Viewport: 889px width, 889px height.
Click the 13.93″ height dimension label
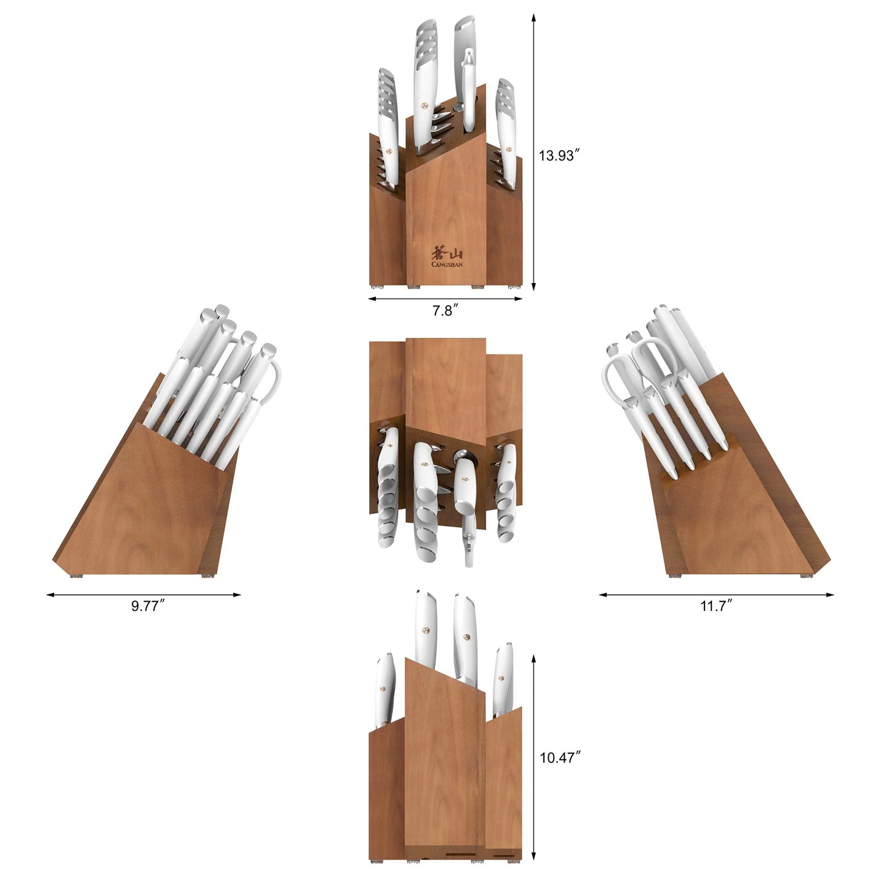[560, 156]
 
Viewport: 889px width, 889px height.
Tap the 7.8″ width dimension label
[443, 311]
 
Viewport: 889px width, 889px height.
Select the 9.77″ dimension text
[148, 607]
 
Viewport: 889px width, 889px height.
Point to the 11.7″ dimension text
[716, 607]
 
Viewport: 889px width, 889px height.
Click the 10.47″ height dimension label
[560, 758]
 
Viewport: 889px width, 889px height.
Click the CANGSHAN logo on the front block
[447, 257]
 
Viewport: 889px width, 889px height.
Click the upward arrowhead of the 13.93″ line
[533, 16]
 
